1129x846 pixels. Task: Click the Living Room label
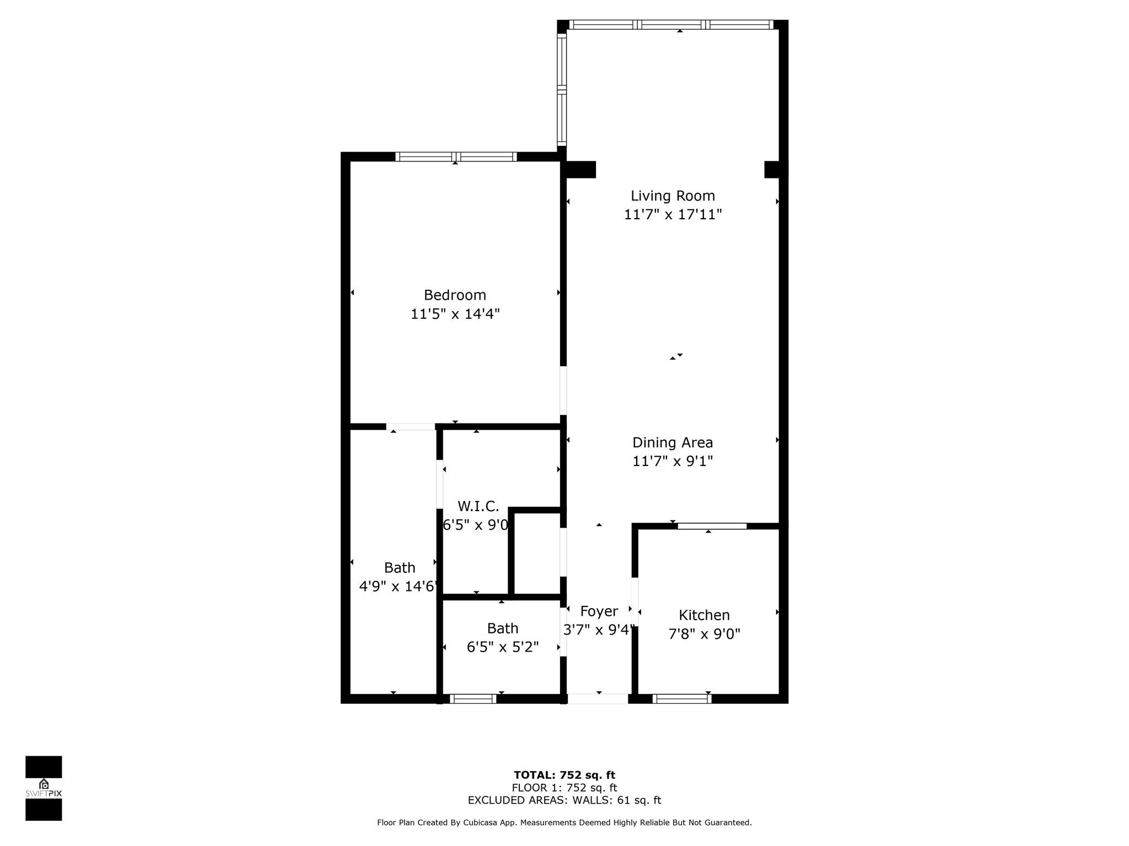[x=673, y=196]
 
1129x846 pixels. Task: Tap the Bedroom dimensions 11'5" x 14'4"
[x=455, y=314]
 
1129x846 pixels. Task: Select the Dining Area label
[x=673, y=442]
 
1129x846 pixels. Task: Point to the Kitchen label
[x=704, y=615]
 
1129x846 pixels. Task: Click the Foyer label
[x=599, y=611]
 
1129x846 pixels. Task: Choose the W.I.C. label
[x=478, y=506]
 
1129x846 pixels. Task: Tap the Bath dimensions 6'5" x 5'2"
[x=502, y=647]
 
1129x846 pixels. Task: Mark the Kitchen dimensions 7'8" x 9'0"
[x=704, y=633]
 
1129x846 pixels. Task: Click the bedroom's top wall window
[x=455, y=157]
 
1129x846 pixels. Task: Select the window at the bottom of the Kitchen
[x=682, y=699]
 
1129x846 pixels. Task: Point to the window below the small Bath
[x=473, y=699]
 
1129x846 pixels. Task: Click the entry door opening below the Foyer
[x=598, y=699]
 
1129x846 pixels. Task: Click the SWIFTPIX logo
[x=44, y=788]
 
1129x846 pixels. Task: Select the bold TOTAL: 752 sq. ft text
[x=564, y=775]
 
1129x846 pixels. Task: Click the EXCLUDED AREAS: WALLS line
[x=564, y=800]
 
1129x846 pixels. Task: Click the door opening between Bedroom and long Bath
[x=411, y=426]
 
